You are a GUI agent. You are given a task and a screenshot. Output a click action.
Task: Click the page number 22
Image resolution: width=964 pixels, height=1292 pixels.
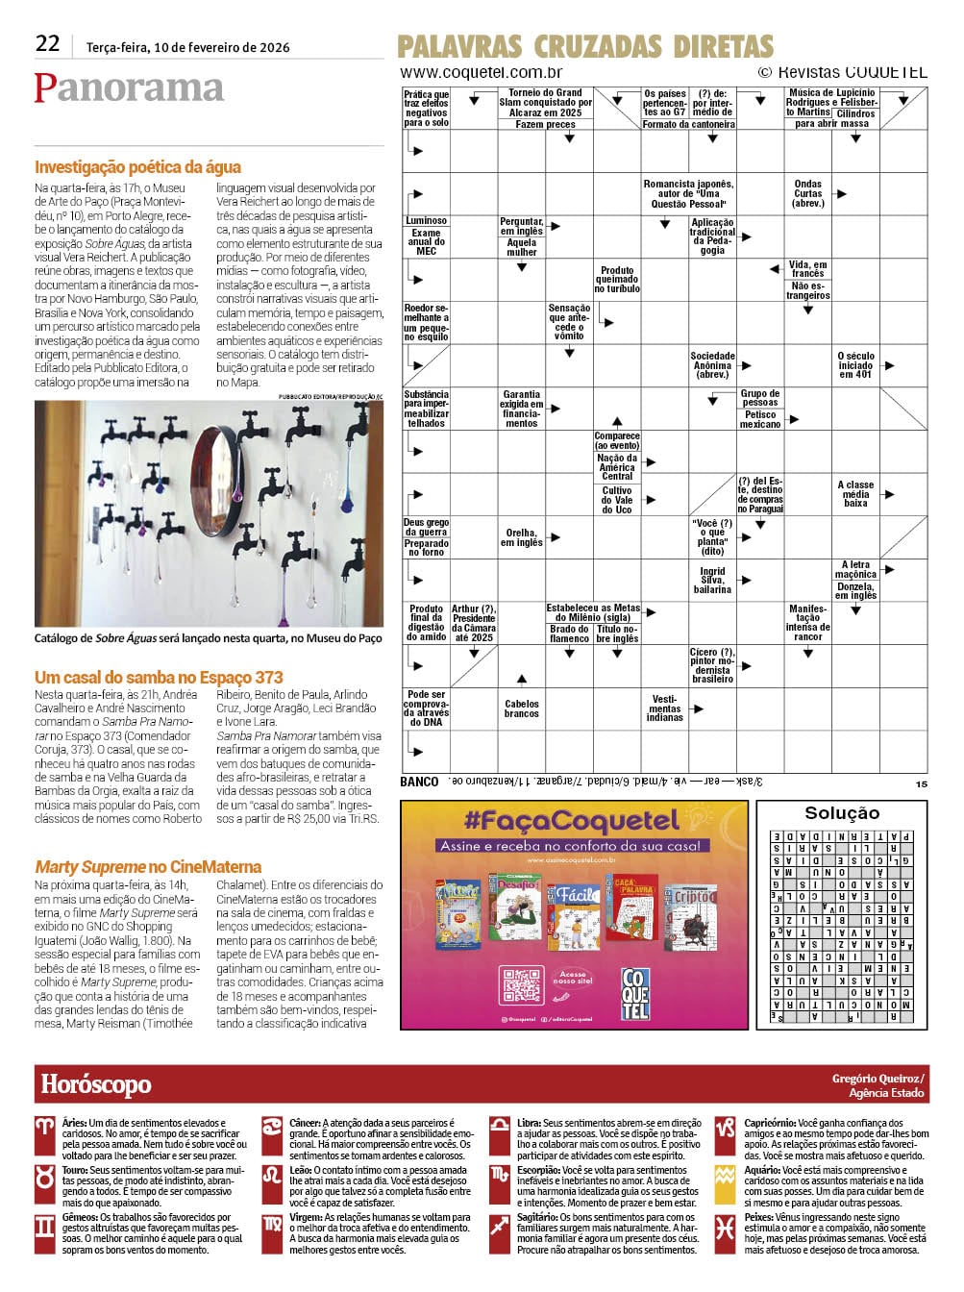47,43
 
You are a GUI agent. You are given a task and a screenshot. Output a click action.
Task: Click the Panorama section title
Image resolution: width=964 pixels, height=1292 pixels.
129,87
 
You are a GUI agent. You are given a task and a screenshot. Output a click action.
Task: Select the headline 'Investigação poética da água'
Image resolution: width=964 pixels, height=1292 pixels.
137,167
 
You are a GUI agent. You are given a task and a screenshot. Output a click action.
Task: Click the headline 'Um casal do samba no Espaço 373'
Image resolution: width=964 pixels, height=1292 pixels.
159,678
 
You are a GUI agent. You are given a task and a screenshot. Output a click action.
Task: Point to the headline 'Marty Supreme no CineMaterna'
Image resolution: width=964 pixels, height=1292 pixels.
148,867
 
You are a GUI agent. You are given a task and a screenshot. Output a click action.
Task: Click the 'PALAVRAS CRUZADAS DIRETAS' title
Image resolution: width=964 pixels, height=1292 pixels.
584,46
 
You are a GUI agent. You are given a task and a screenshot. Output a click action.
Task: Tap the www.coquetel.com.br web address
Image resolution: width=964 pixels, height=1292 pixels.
481,73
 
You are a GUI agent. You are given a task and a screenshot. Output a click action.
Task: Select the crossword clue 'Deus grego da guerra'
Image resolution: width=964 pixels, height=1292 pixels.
426,528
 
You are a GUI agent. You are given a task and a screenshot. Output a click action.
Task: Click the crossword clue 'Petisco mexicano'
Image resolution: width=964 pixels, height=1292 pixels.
760,419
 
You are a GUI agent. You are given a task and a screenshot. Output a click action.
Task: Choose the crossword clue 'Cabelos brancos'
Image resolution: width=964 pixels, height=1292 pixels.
522,708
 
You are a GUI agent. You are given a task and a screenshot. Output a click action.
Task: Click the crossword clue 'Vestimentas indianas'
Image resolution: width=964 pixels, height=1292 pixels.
664,708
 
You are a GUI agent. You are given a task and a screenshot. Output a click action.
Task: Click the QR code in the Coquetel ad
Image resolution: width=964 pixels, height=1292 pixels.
522,987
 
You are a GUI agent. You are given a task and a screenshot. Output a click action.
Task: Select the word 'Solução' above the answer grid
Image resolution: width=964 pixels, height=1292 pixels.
841,813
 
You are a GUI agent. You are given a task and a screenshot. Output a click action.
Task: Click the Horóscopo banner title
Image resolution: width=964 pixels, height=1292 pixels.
96,1084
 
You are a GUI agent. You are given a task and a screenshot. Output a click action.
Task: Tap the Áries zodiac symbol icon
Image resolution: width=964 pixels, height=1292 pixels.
45,1129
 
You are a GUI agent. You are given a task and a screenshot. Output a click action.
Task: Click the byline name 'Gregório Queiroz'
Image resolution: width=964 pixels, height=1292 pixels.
877,1079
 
